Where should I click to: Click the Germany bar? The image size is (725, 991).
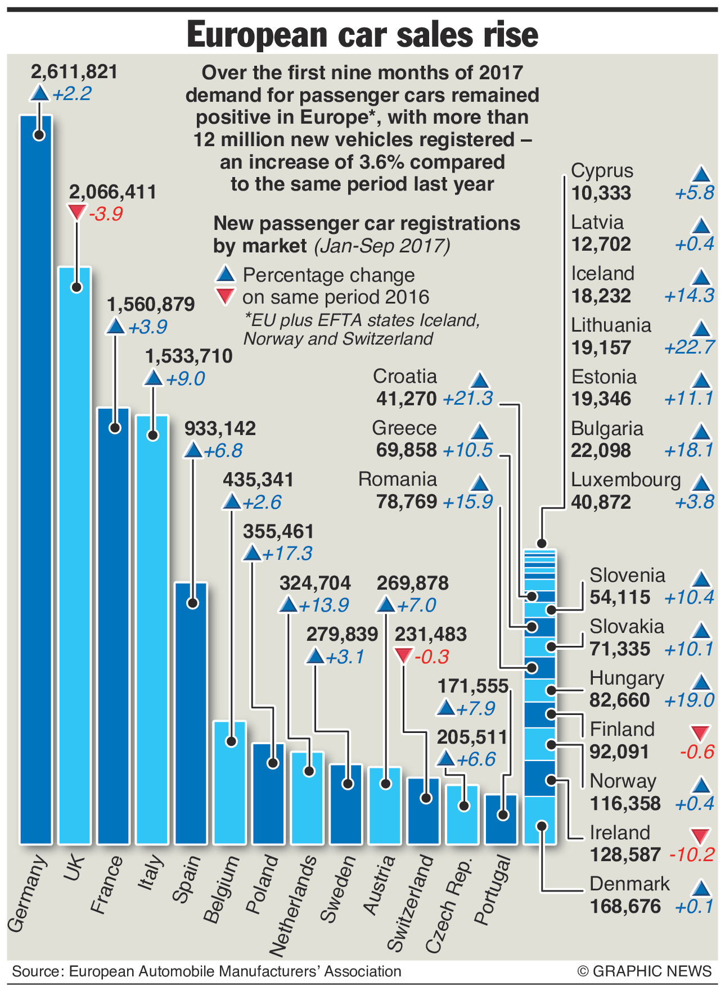36,478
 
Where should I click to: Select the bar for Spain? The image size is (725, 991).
191,714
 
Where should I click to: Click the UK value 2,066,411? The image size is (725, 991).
112,192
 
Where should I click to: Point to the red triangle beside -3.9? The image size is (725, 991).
76,212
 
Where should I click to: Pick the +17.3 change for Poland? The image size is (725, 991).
287,554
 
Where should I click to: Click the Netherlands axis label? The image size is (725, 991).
292,905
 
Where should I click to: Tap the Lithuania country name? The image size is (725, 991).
611,325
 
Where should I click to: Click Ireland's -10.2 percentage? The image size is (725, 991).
692,855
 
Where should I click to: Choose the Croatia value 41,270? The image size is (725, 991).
406,399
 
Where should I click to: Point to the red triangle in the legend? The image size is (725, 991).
226,296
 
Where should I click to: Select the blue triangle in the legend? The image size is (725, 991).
226,274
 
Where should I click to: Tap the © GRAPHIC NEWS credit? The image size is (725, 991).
644,971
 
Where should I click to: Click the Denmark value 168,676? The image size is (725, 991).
625,907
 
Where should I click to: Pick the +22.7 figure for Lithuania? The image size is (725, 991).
689,347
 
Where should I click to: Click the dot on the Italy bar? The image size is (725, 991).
152,435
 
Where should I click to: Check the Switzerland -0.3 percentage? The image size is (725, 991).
431,657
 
